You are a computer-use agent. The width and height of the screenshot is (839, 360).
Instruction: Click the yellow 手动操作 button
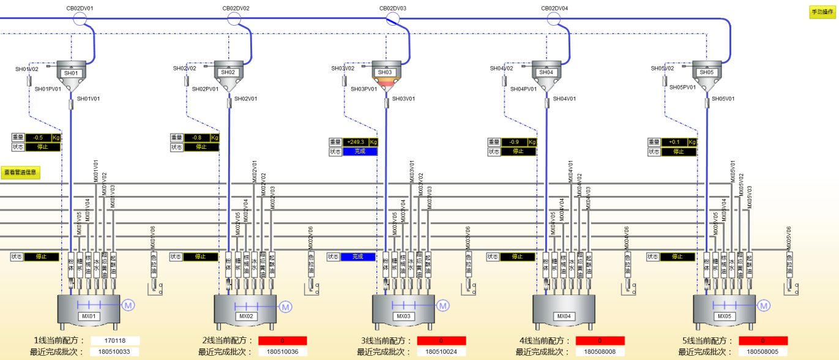818,12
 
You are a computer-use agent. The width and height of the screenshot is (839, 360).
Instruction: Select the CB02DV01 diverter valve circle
80,19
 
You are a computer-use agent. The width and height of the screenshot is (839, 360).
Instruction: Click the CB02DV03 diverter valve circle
392,19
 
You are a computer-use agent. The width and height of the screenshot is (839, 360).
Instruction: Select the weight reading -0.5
38,138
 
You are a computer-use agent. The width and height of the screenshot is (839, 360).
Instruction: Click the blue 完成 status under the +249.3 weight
360,151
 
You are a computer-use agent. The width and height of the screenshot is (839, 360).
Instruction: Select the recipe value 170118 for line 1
115,341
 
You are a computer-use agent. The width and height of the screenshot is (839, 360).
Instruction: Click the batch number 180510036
282,352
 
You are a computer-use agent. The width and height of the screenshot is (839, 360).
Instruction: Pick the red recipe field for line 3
441,341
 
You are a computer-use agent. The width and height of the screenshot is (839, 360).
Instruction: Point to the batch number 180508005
763,352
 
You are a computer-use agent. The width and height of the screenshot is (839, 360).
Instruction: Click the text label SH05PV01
682,88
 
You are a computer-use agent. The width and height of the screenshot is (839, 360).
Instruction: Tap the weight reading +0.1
674,141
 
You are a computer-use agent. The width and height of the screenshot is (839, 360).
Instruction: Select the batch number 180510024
441,352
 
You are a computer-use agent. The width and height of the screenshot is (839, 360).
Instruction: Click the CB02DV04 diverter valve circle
554,19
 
